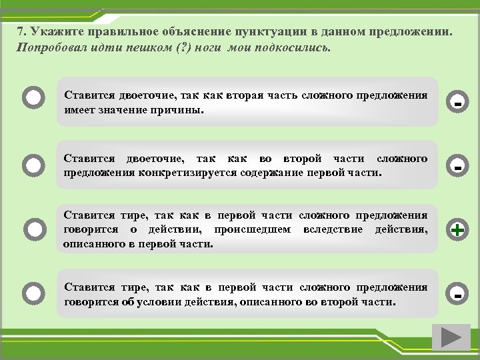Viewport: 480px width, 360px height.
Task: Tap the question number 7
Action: point(21,32)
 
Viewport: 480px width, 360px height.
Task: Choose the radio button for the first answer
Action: point(34,99)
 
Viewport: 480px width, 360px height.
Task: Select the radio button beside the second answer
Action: point(34,164)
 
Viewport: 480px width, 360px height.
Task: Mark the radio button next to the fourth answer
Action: point(34,293)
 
